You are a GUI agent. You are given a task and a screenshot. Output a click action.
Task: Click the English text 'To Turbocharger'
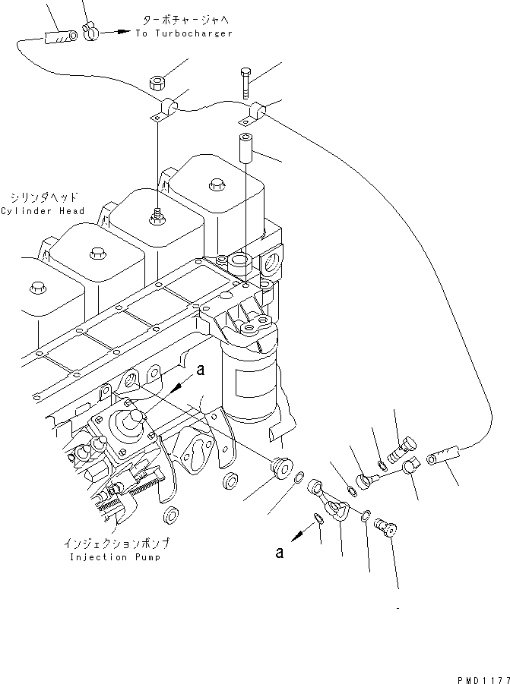point(184,33)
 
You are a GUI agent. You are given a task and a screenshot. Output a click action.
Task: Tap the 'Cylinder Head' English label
point(43,210)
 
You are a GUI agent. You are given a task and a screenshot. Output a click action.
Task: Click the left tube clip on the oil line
point(165,110)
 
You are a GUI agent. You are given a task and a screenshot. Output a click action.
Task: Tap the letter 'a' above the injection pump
point(201,370)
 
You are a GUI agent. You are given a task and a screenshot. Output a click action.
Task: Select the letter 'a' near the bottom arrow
point(280,553)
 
